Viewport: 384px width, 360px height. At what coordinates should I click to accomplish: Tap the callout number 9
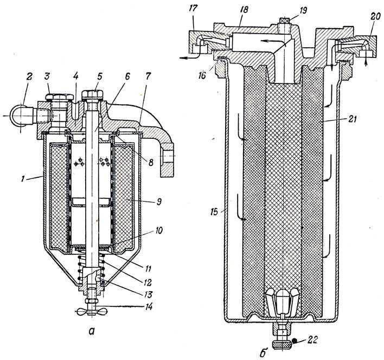click(x=159, y=202)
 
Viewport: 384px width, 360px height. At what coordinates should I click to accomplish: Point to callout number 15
click(x=214, y=211)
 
